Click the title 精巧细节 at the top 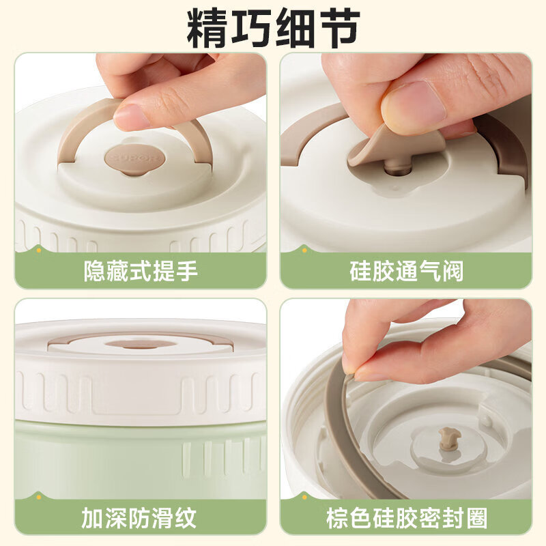tap(273, 27)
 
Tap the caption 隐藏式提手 tap(141, 271)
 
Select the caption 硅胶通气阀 tap(406, 271)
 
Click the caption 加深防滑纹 tap(141, 517)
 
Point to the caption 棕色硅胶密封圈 tap(406, 517)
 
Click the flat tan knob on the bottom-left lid tap(141, 343)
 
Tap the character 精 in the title tap(209, 27)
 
